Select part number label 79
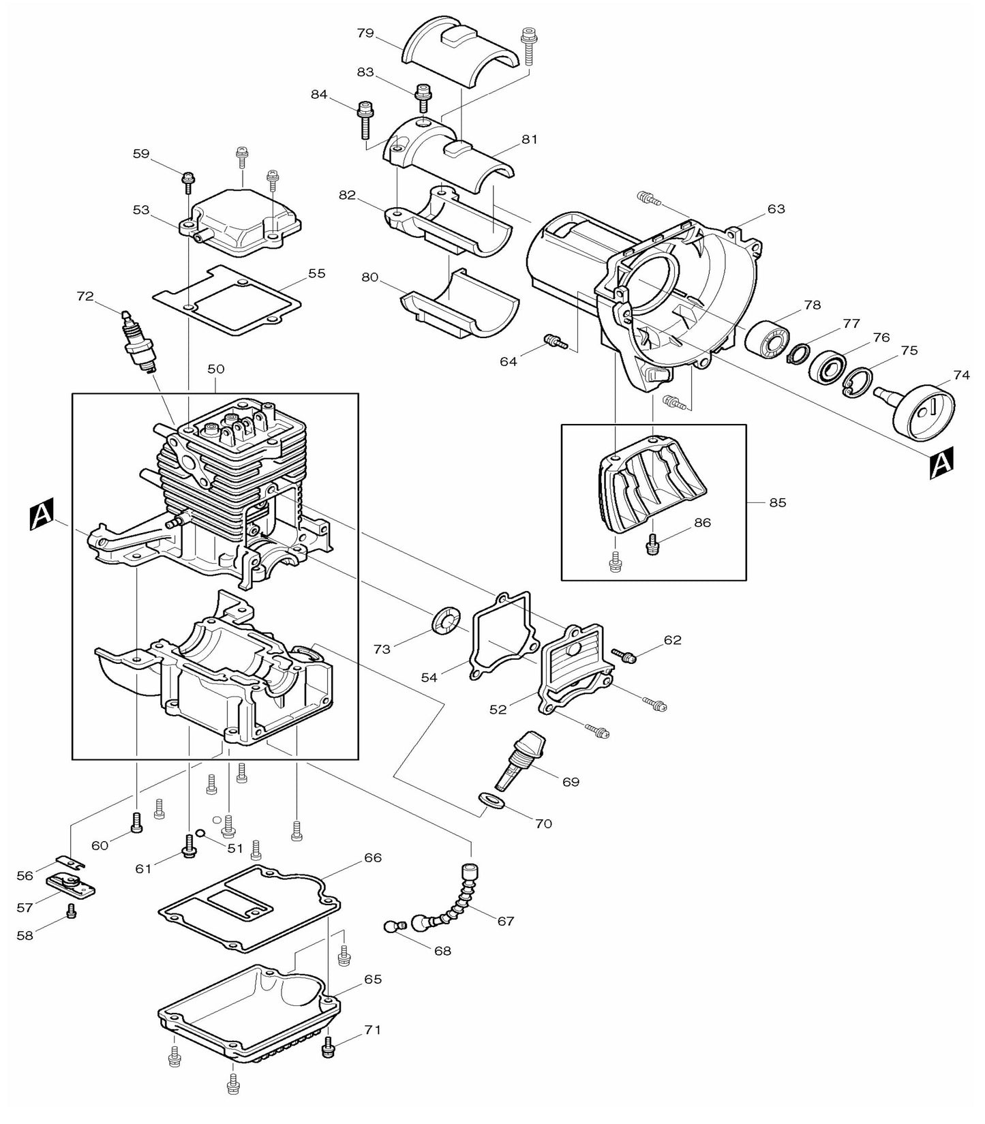click(366, 33)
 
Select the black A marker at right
click(941, 463)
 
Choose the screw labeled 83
click(423, 98)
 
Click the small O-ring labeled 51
click(199, 832)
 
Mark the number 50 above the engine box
click(215, 369)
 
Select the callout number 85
click(777, 502)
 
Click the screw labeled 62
click(624, 655)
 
